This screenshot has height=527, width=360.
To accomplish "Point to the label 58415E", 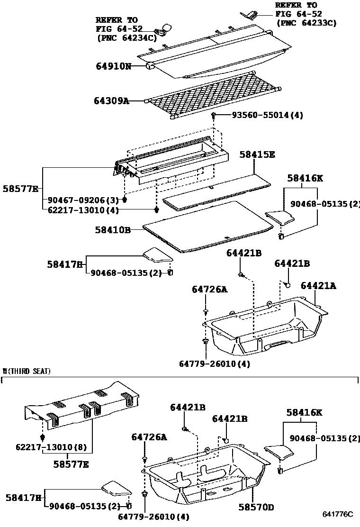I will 257,154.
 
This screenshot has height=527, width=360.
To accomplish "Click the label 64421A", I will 318,285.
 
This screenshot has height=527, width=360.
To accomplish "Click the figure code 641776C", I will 338,514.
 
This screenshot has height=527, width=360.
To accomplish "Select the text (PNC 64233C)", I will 306,22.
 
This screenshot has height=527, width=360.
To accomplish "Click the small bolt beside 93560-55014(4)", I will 214,115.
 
